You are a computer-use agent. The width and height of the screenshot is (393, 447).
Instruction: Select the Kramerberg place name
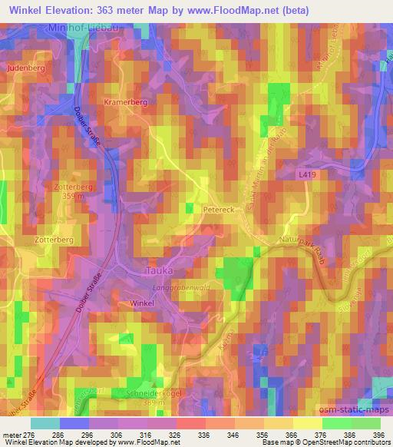click(125, 101)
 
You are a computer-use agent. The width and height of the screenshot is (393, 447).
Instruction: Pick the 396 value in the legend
click(377, 434)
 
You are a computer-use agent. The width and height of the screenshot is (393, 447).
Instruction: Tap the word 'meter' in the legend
click(15, 434)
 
